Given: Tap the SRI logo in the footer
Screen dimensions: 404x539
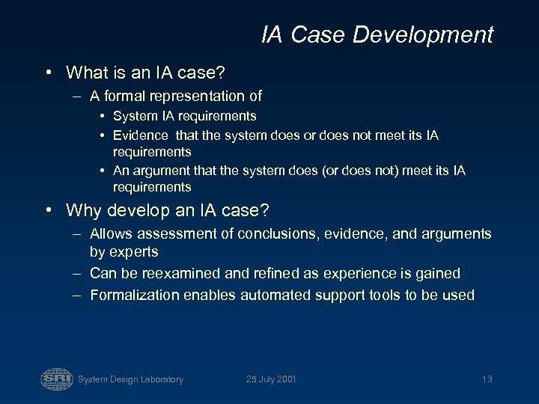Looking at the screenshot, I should tap(57, 379).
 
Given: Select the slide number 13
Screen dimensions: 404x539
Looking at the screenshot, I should tap(487, 379).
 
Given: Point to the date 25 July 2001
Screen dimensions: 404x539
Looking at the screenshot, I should tap(271, 379).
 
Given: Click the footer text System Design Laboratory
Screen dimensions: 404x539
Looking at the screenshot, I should tap(130, 379).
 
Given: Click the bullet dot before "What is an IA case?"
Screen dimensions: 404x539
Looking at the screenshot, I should tap(47, 73).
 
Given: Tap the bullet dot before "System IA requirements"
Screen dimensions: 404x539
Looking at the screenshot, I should tap(102, 116).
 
